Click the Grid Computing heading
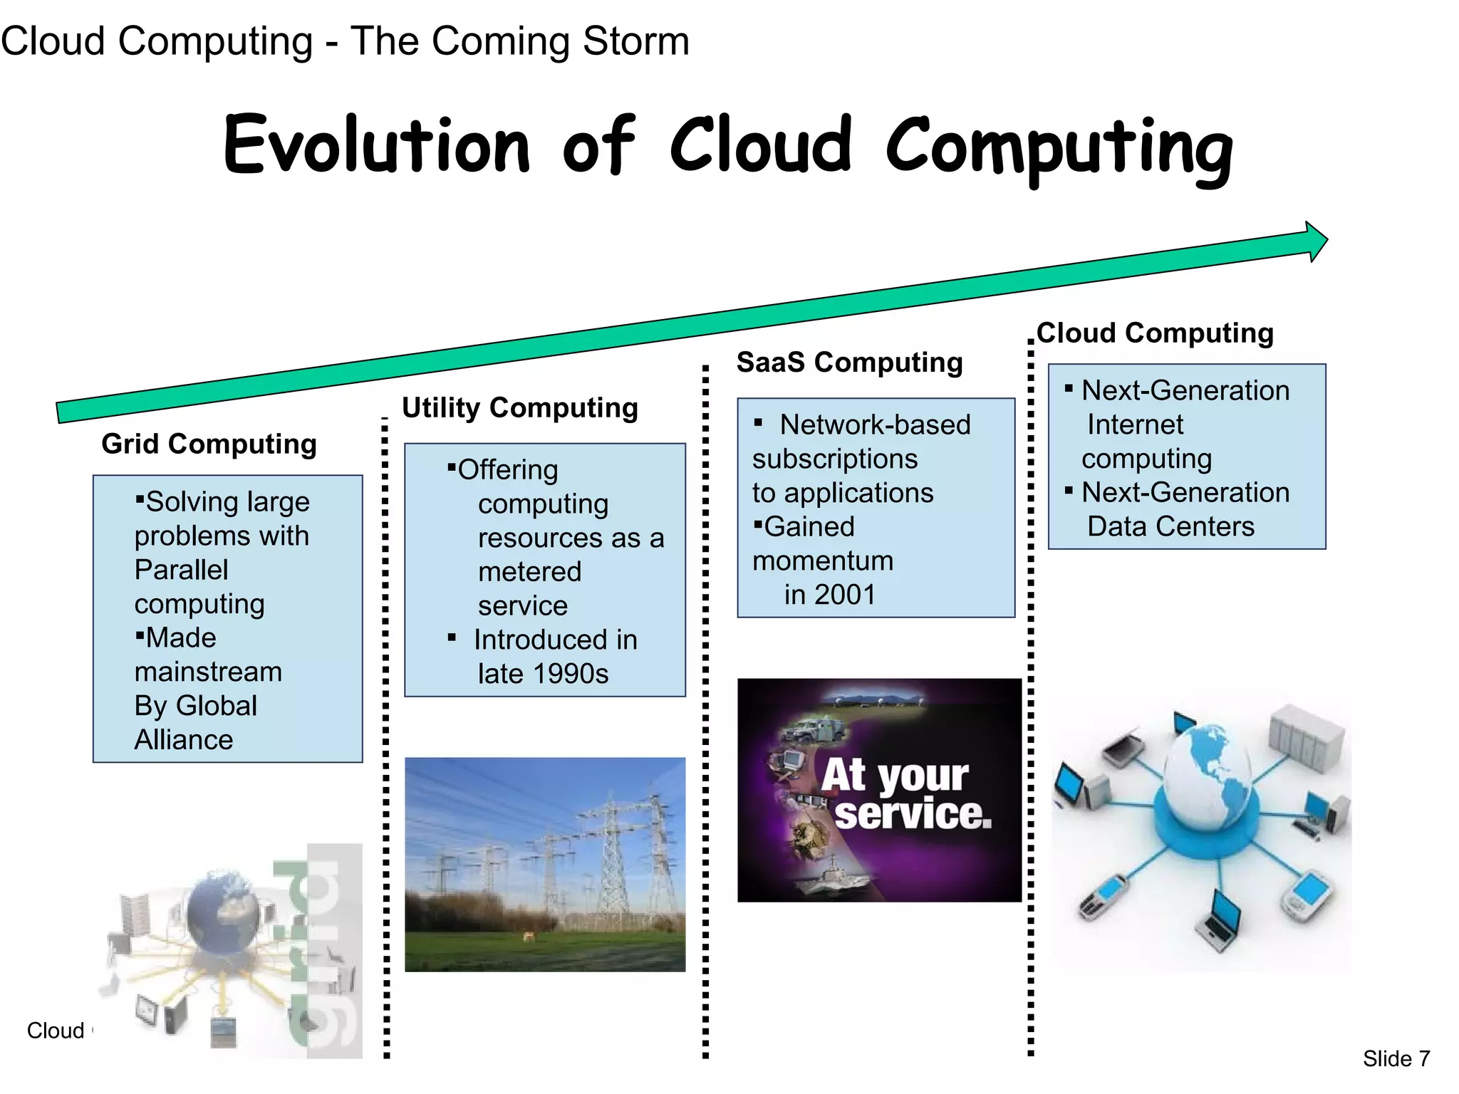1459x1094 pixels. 209,444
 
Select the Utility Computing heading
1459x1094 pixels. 519,407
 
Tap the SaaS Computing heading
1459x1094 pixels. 849,362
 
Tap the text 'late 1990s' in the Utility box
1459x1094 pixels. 543,674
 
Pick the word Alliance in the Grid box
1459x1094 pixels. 184,740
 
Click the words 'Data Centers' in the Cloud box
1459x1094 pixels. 1170,526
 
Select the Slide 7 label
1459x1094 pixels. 1396,1058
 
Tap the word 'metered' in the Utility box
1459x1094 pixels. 529,572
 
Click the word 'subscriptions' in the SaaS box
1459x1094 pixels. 835,459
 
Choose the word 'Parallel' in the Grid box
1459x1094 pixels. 182,570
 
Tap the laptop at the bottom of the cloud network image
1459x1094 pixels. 1221,921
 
